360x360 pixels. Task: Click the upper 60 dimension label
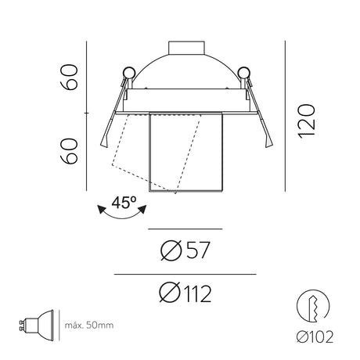point(69,77)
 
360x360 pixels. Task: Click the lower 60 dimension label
point(69,151)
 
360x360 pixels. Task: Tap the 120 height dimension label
point(307,121)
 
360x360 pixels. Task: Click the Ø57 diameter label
point(185,250)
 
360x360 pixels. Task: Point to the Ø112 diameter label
point(185,293)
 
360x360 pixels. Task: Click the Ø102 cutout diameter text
point(315,337)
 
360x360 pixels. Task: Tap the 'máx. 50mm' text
point(89,326)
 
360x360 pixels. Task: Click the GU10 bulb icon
point(37,326)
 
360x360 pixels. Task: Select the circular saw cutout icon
point(313,306)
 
